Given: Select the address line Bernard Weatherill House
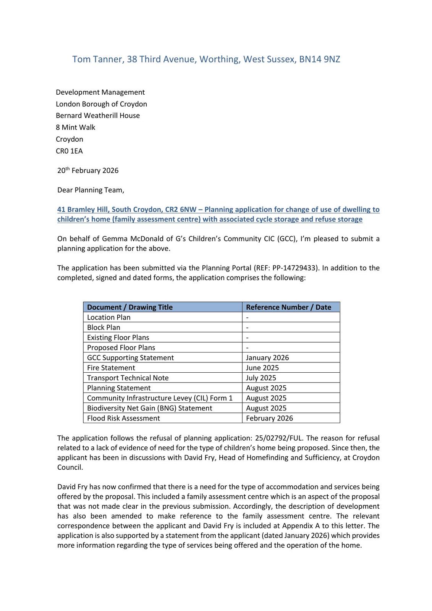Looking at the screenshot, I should (98, 115).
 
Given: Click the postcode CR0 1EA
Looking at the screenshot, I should (69, 151).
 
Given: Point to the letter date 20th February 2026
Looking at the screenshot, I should (88, 170).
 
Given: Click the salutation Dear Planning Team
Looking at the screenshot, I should (91, 190).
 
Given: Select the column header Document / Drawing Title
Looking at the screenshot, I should (130, 307).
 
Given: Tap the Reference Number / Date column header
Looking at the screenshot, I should (288, 307).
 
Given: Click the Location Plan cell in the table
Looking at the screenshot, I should (109, 317).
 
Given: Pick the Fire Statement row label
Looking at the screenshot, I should (111, 368).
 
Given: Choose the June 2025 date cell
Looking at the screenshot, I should (262, 368).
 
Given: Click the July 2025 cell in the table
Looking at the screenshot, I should (261, 378).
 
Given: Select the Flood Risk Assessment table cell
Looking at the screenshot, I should (123, 418).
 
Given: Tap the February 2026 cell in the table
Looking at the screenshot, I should (269, 418).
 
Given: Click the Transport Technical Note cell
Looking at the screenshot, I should (128, 378).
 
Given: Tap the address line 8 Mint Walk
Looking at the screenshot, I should (76, 127).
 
